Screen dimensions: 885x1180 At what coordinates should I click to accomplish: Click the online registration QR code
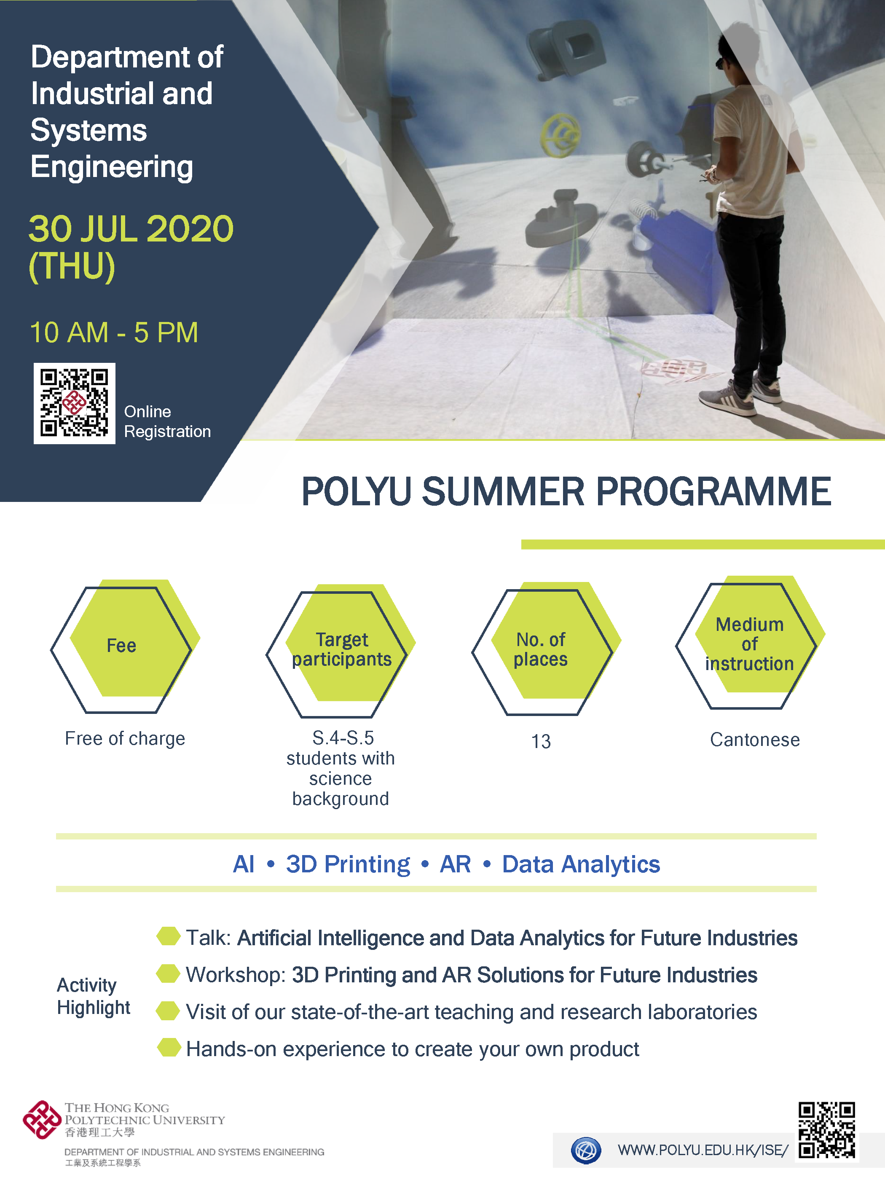coord(74,403)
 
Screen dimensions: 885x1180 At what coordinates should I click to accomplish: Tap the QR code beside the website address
coord(826,1130)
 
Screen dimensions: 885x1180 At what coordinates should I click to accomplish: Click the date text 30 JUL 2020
coord(131,229)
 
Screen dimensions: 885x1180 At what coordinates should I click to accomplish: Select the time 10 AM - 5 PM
coord(114,333)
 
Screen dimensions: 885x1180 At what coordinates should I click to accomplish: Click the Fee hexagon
coord(125,646)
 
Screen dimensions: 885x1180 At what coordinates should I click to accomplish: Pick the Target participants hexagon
coord(341,650)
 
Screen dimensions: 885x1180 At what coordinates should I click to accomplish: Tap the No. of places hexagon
coord(546,648)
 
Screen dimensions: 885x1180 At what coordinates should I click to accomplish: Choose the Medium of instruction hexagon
coord(751,642)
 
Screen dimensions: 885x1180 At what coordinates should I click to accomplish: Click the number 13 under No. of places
coord(541,741)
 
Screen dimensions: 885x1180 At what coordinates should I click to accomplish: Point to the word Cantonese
coord(755,739)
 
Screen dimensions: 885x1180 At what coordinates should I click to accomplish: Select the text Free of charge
coord(125,738)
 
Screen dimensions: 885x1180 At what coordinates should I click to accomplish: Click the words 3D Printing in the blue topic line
coord(348,864)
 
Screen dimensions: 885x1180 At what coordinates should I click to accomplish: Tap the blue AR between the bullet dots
coord(455,864)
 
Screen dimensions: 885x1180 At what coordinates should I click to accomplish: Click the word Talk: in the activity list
coord(208,938)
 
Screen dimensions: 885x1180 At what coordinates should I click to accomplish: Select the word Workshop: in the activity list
coord(236,975)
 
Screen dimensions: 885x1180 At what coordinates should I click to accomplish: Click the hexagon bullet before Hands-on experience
coord(169,1047)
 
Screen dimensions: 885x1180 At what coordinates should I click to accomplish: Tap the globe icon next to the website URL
coord(586,1150)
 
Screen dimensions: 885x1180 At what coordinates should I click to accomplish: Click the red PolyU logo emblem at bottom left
coord(42,1120)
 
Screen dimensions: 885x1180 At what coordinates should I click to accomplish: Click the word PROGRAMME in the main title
coord(713,491)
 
